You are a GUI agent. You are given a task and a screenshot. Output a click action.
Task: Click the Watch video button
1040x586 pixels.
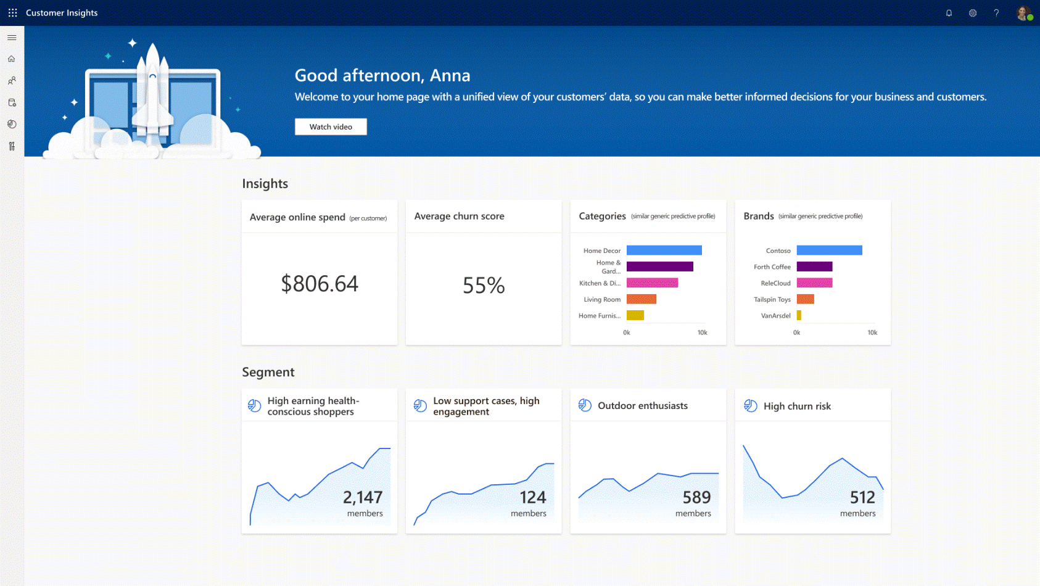coord(331,126)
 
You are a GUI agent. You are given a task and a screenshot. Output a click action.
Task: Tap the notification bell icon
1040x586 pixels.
coord(949,13)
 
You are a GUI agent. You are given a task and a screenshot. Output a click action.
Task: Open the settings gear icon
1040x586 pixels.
coord(973,13)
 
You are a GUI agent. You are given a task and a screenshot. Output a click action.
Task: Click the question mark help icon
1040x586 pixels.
coord(996,13)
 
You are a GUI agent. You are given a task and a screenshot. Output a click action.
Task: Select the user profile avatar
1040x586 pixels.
coord(1023,13)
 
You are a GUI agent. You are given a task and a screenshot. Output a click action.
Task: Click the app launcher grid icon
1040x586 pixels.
coord(12,13)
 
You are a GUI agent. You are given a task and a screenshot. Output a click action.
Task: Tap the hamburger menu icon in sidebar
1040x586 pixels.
coord(12,38)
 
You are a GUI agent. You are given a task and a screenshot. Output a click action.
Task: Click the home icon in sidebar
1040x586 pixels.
coord(12,59)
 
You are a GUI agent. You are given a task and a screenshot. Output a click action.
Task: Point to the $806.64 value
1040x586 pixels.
coord(320,284)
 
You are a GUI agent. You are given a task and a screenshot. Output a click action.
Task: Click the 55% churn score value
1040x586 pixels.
coord(484,285)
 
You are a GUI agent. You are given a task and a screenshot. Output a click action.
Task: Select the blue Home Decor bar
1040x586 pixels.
coord(664,250)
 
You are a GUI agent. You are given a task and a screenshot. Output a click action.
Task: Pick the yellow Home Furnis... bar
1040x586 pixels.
coord(635,315)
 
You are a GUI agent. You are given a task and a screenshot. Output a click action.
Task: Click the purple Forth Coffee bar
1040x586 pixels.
coord(814,266)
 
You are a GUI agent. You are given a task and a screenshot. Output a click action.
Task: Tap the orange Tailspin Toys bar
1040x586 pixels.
coord(805,299)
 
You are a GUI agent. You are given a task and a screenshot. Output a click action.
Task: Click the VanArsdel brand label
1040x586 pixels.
coord(775,316)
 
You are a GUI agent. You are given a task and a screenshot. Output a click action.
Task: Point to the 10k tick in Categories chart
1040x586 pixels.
coord(702,332)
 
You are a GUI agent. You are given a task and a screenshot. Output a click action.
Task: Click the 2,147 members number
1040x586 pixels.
coord(363,497)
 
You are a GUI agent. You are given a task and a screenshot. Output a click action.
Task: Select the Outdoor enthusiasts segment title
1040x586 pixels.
coord(642,406)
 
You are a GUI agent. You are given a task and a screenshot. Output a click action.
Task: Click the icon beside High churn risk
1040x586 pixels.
coord(751,406)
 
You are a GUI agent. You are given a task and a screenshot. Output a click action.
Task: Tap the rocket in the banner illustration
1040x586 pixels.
coord(152,93)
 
